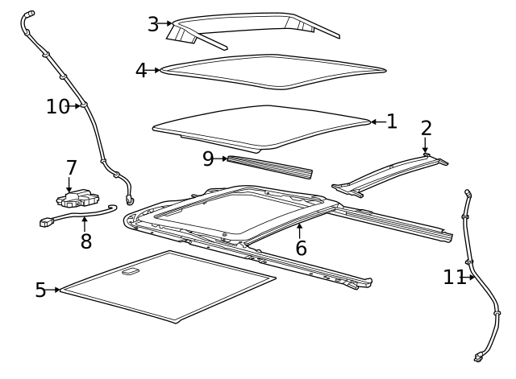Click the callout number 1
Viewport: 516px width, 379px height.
392,122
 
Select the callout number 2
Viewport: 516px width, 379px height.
426,128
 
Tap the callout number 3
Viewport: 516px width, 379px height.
152,24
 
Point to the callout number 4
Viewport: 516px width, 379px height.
141,71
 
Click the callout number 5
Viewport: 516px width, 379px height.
40,290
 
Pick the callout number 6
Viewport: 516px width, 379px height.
301,248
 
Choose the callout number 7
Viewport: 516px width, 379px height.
71,168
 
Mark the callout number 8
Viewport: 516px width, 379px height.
85,241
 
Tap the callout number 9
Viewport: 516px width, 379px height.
208,159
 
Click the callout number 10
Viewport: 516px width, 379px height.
57,106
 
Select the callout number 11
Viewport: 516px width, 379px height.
454,278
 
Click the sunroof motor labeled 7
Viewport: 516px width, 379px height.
77,197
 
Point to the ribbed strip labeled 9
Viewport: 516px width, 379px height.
270,166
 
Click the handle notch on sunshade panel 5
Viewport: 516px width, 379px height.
130,272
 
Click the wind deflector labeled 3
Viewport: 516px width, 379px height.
250,23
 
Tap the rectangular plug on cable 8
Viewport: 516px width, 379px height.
46,221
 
